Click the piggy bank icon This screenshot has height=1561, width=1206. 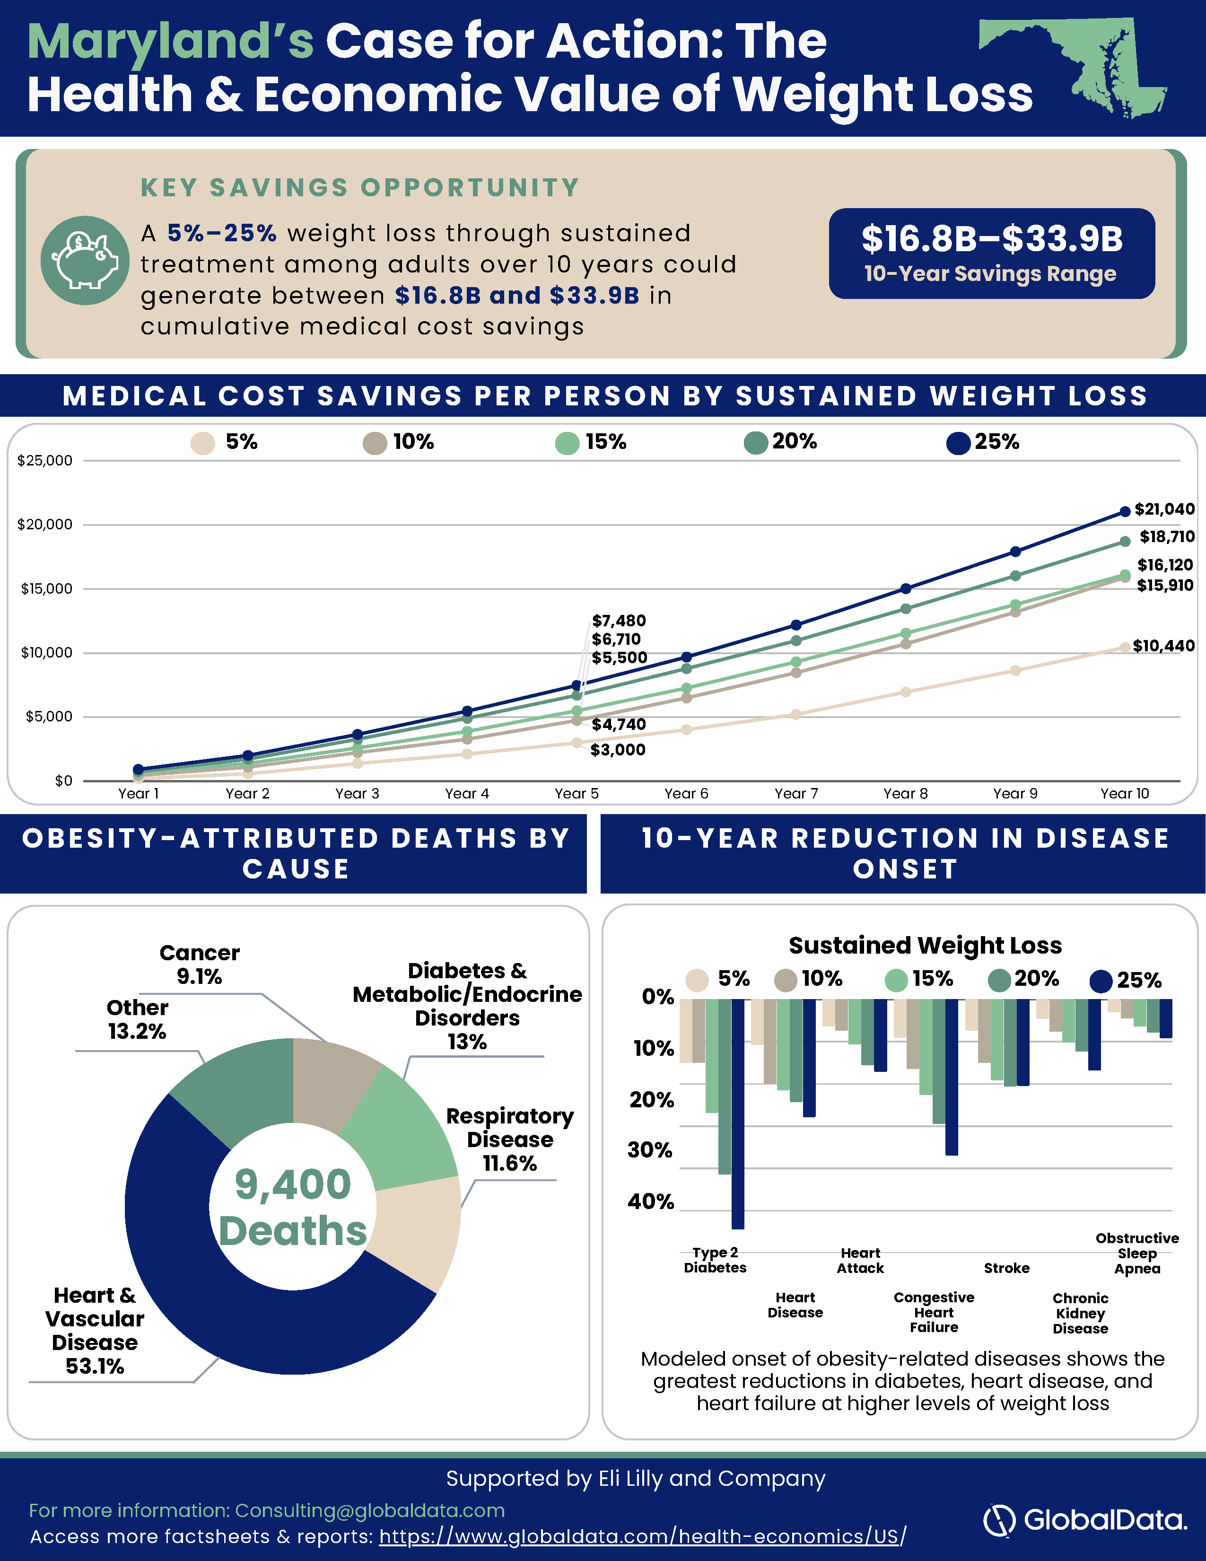point(85,260)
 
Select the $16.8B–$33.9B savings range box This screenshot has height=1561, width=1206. point(992,253)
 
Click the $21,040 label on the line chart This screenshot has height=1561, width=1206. point(1164,509)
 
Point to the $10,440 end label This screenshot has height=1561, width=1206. point(1164,646)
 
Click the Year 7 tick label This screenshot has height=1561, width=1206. point(796,793)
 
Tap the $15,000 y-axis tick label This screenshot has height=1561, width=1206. point(46,589)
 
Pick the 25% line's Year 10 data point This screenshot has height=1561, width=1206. point(1125,511)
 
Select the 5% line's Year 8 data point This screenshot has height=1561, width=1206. point(905,692)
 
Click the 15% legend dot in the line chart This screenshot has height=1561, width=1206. point(567,443)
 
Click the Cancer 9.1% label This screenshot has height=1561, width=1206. point(199,964)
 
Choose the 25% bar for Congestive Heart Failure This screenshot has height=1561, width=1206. point(952,1077)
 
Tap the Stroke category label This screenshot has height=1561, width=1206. point(1007,1268)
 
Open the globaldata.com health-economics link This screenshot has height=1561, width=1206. point(642,1536)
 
